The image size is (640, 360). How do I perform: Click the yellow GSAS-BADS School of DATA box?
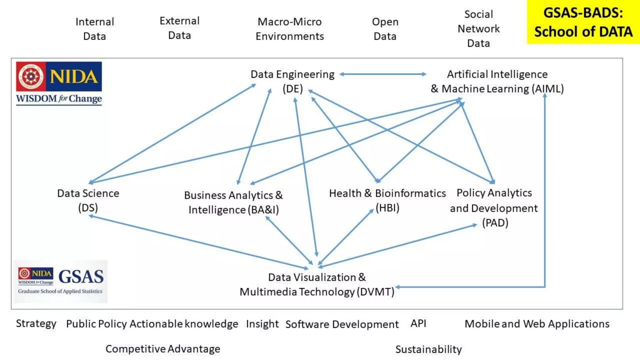(x=583, y=22)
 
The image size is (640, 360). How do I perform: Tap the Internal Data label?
(x=95, y=29)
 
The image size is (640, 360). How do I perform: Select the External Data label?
(x=179, y=28)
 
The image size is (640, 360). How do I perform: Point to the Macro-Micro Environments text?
(x=290, y=29)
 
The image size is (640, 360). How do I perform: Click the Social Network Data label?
(x=478, y=28)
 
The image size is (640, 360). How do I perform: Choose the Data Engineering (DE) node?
(x=292, y=81)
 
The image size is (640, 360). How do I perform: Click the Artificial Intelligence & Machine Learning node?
(x=497, y=81)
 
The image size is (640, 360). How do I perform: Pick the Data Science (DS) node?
(x=88, y=200)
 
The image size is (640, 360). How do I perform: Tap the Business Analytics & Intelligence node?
(x=233, y=202)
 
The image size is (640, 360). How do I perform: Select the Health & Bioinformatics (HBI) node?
(x=387, y=200)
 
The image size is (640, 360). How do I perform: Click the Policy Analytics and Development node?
(x=494, y=208)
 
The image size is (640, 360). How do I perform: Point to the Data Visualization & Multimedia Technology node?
(x=317, y=284)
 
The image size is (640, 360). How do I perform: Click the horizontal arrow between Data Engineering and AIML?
(x=383, y=74)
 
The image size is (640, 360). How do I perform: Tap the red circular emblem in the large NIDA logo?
(x=31, y=77)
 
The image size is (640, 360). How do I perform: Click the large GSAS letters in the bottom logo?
(x=81, y=277)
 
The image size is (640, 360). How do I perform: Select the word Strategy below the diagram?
(x=36, y=323)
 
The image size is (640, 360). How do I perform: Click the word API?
(x=418, y=323)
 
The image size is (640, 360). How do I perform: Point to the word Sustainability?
(x=428, y=349)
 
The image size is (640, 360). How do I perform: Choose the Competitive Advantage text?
(x=163, y=349)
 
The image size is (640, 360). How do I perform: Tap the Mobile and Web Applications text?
(x=537, y=324)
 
